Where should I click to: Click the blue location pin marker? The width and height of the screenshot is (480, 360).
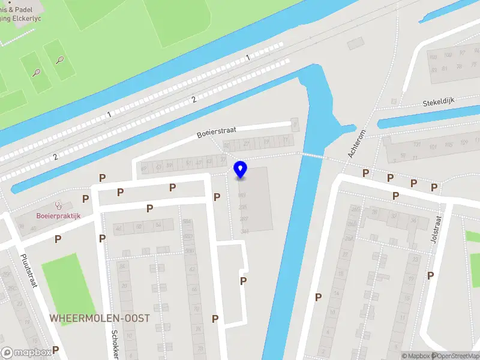coord(240,170)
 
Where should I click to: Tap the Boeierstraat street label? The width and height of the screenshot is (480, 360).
coord(217,132)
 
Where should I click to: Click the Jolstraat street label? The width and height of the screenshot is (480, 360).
coord(436,228)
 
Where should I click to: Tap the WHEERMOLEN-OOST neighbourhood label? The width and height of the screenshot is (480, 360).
coord(100,317)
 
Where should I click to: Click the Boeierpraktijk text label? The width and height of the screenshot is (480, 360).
coord(58,216)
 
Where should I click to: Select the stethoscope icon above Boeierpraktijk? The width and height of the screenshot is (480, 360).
coord(58,205)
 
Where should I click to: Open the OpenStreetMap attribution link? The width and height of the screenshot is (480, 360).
coord(454,356)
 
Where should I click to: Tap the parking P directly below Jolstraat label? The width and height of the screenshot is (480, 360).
coord(430,275)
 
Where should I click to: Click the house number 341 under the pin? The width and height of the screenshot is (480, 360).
coord(244,231)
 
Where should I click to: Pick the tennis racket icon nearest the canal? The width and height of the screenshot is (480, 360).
coord(60,59)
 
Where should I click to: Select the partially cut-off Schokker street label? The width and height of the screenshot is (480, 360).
coord(115,343)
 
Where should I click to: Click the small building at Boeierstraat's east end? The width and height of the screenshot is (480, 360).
coord(294,125)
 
